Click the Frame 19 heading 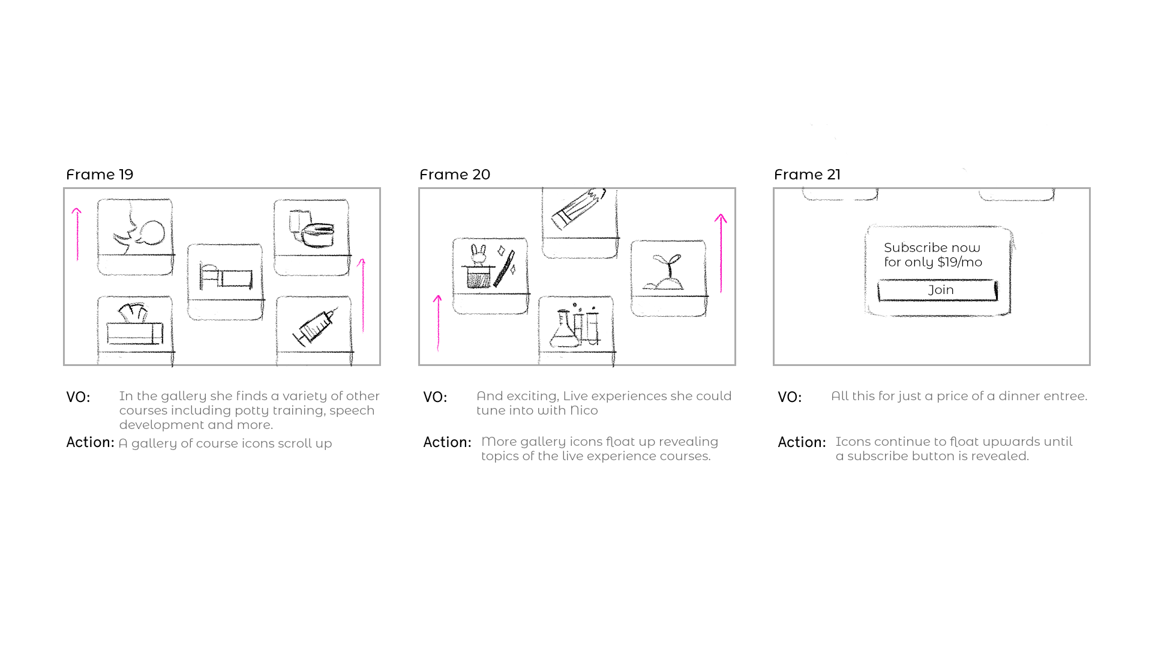point(100,175)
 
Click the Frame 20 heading point(455,175)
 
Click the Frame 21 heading point(807,175)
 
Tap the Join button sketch point(938,290)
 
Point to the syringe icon point(315,327)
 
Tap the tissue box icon point(135,325)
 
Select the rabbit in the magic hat point(479,255)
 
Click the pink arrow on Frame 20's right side point(721,252)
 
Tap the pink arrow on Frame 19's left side point(77,234)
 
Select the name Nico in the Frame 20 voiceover point(584,410)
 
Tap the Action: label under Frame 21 point(802,442)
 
